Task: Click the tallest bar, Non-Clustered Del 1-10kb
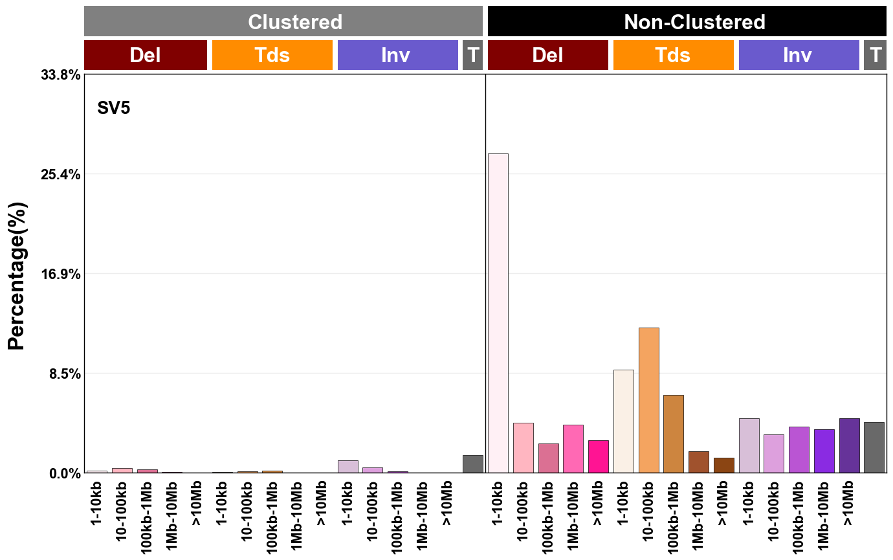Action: [x=498, y=313]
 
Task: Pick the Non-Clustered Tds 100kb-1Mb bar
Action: [x=674, y=434]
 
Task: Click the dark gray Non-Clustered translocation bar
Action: [x=874, y=447]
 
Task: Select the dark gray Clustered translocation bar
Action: [x=473, y=464]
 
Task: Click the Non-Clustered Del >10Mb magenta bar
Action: [x=599, y=456]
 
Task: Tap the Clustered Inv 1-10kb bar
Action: [x=348, y=467]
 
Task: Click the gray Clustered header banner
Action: [x=283, y=22]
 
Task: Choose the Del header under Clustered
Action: [x=146, y=55]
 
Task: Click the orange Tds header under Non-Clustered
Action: [x=673, y=55]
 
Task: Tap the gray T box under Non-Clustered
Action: [x=875, y=55]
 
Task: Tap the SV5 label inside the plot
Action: [x=114, y=108]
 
